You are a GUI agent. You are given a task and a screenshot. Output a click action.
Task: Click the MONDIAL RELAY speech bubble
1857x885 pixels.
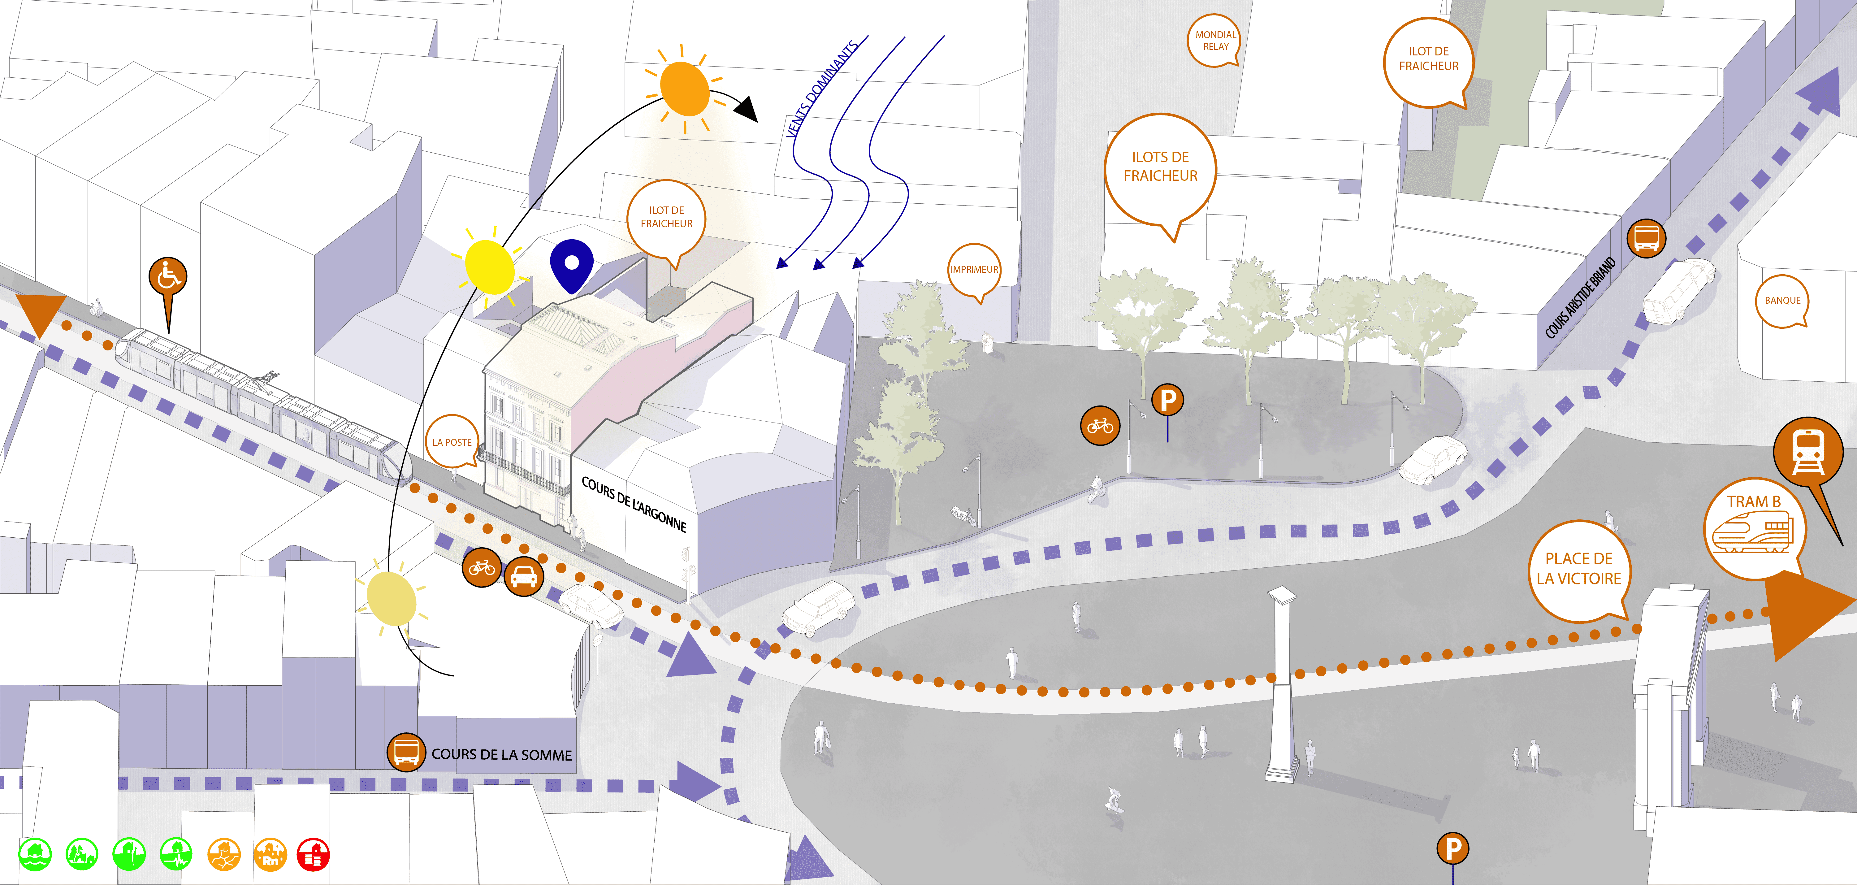1215,40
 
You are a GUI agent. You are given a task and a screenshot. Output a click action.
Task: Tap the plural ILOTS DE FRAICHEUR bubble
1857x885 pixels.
1160,167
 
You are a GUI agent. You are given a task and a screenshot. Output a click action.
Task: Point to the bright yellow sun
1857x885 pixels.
490,267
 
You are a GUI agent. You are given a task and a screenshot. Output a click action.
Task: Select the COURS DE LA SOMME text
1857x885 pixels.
502,754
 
